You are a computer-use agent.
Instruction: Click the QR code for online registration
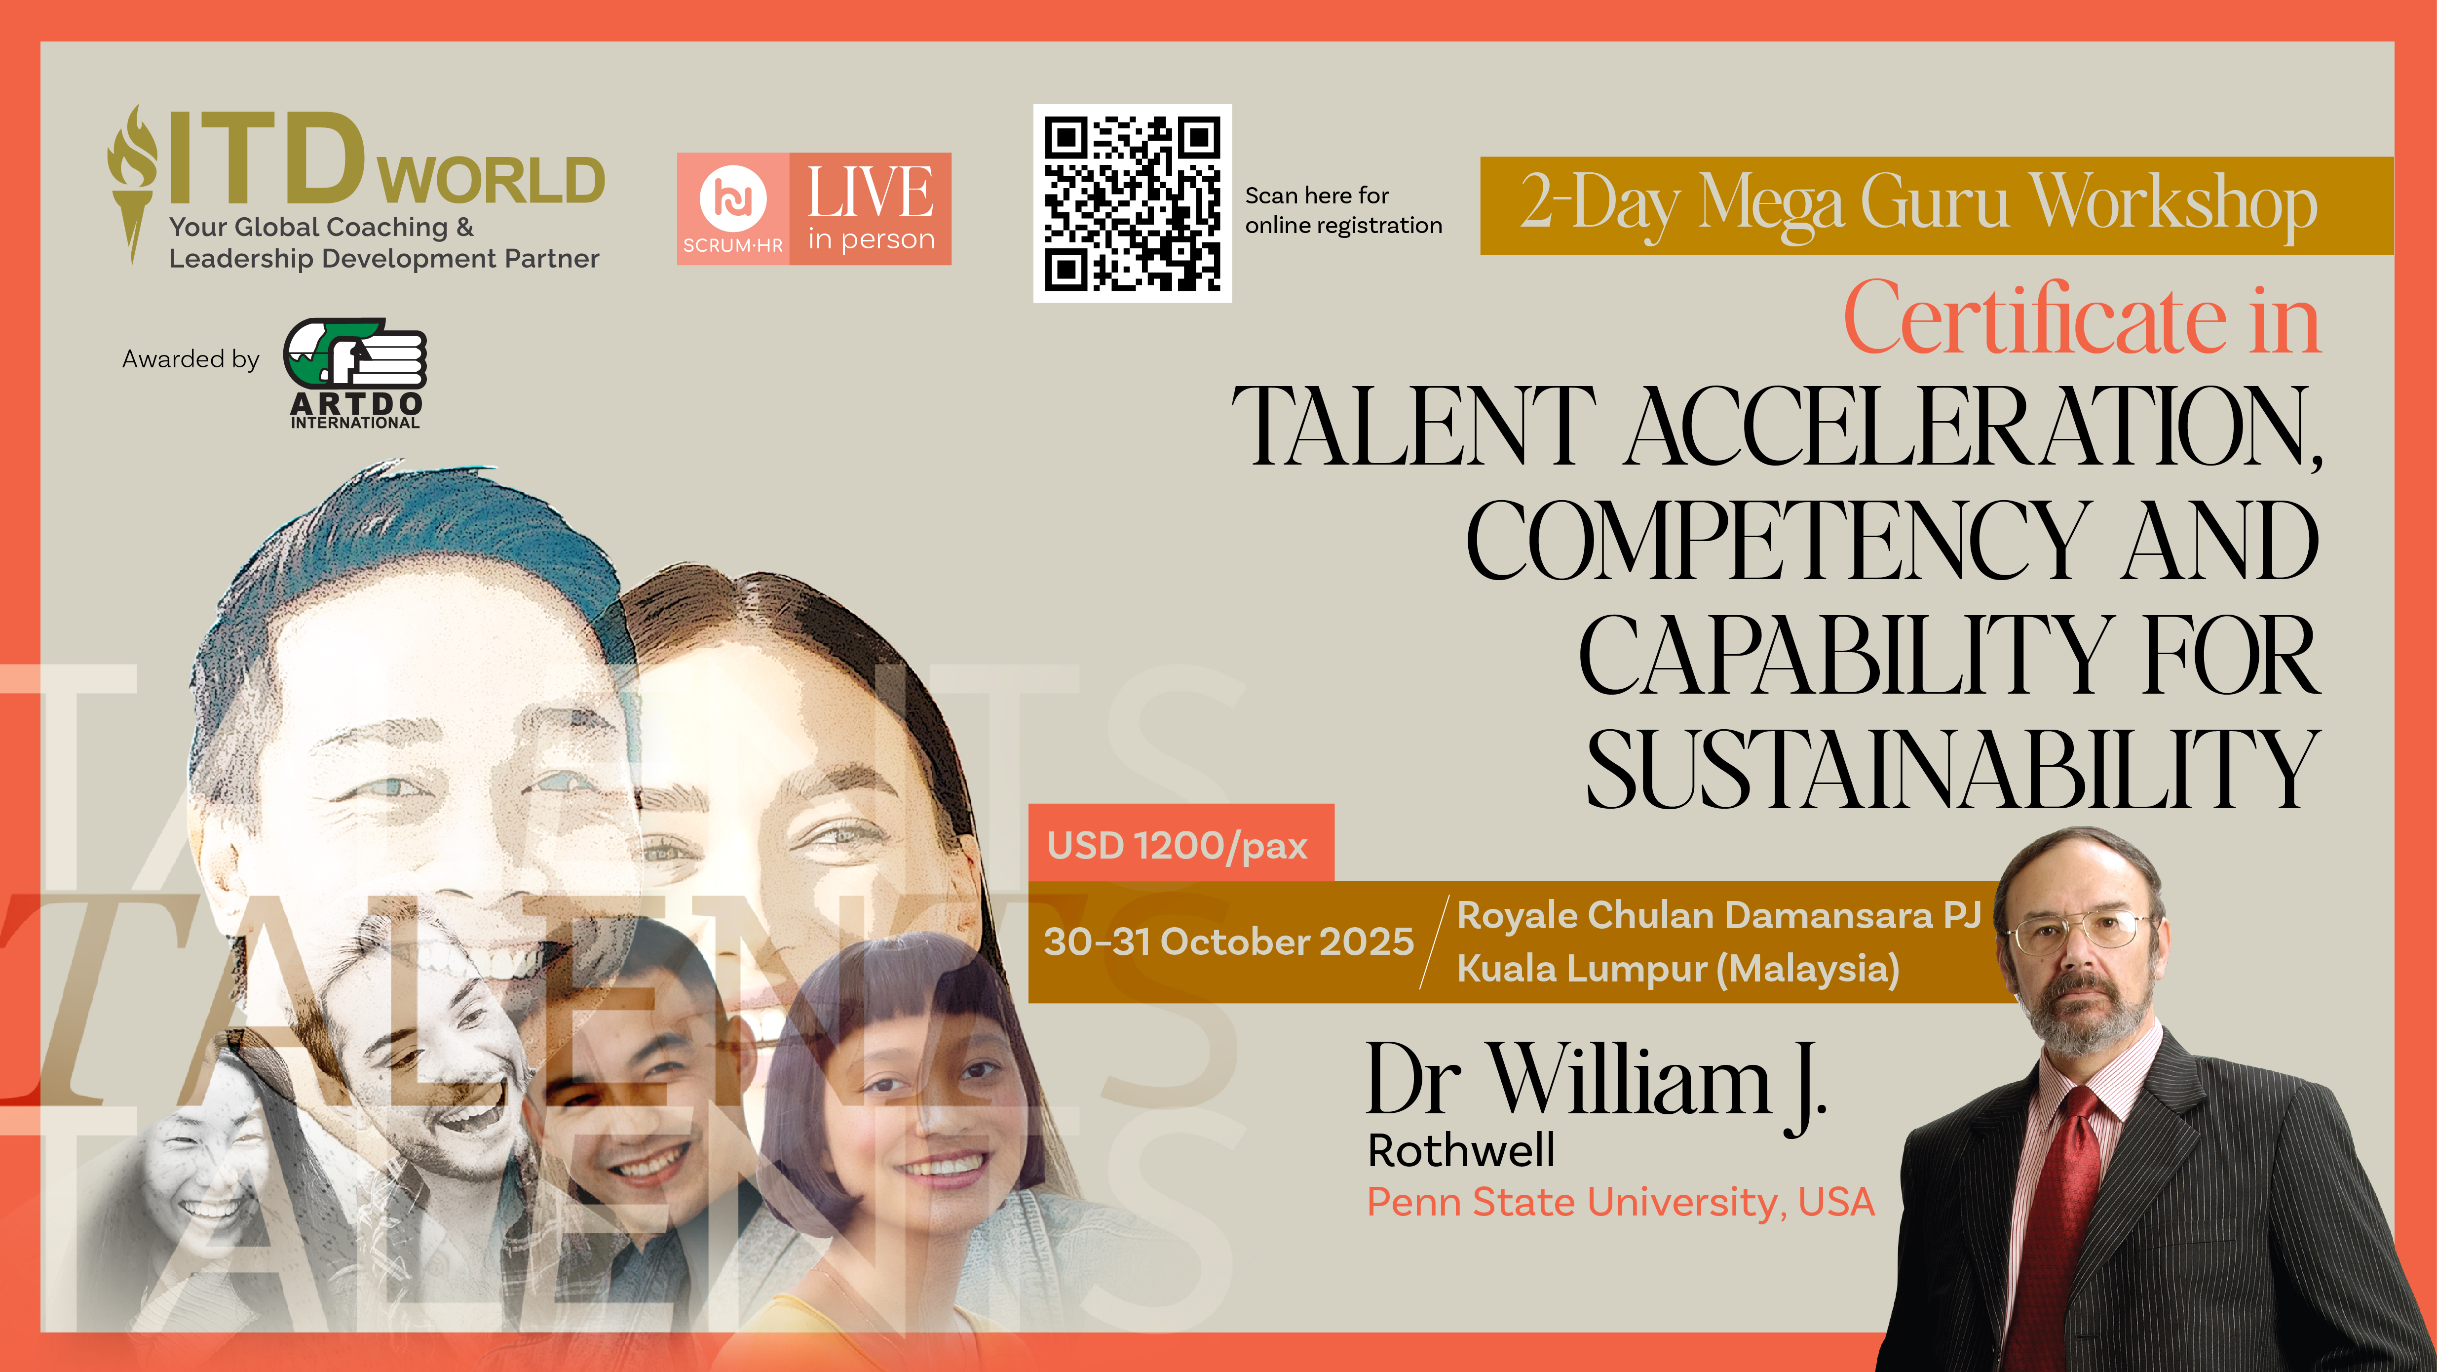1133,203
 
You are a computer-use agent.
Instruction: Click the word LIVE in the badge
871,192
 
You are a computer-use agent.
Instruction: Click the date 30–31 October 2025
1228,941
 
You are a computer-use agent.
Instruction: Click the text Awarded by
190,359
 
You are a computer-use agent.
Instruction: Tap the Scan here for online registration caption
1343,210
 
